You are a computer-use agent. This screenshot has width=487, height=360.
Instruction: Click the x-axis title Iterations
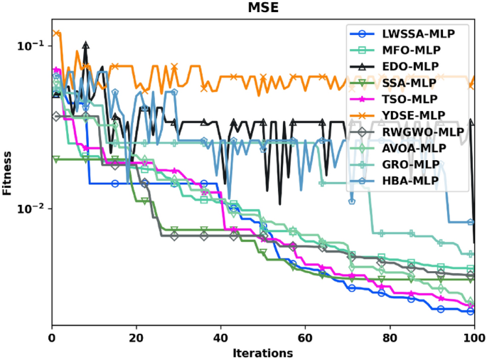262,353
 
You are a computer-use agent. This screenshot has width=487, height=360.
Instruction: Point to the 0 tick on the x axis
52,337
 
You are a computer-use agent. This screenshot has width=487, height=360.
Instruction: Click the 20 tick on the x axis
137,337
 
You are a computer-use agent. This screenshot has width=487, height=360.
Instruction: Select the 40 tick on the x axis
221,337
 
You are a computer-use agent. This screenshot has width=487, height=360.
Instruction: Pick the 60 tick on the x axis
306,337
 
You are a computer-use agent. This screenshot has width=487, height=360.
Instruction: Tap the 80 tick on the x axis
390,337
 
